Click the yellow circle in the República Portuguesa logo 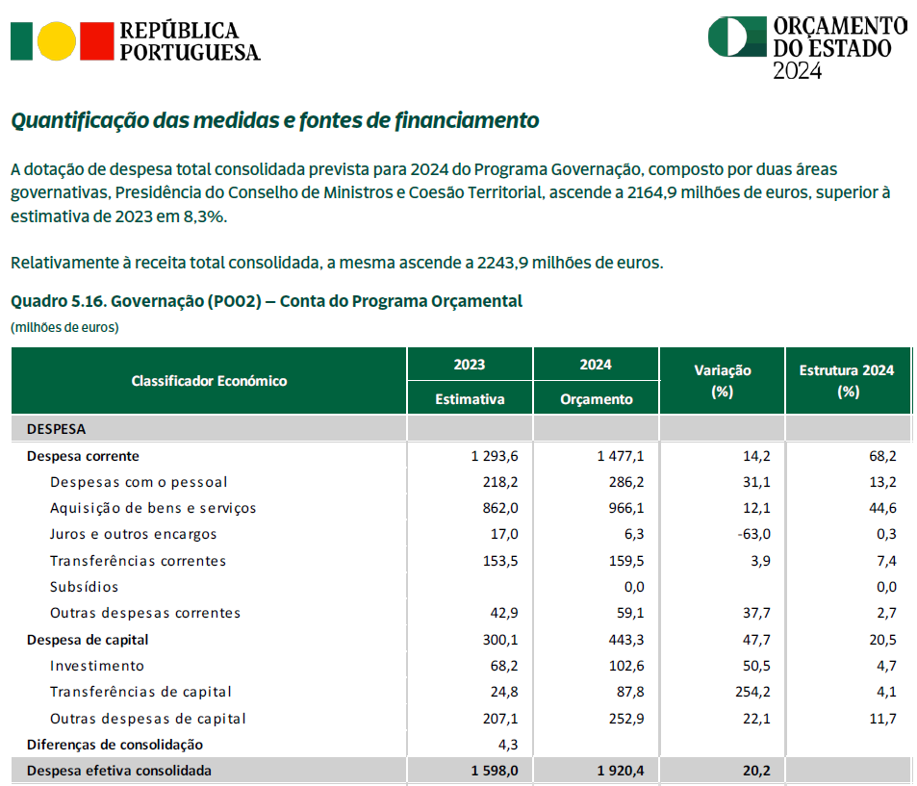click(56, 41)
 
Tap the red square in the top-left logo click(96, 41)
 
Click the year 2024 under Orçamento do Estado click(798, 71)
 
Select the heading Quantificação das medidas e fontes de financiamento click(275, 120)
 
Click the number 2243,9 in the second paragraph click(502, 263)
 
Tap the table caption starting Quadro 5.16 click(267, 301)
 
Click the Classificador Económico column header click(209, 381)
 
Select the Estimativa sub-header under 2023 click(470, 399)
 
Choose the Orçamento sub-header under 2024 click(596, 399)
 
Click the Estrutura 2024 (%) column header click(847, 381)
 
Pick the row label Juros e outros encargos click(134, 534)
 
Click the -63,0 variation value click(753, 534)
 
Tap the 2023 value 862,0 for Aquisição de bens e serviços click(500, 508)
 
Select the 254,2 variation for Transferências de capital click(752, 692)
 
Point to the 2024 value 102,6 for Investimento click(626, 666)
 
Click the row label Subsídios click(85, 587)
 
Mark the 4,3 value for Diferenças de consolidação click(508, 745)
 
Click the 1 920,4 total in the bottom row click(621, 771)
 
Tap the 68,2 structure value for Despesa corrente click(882, 456)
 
